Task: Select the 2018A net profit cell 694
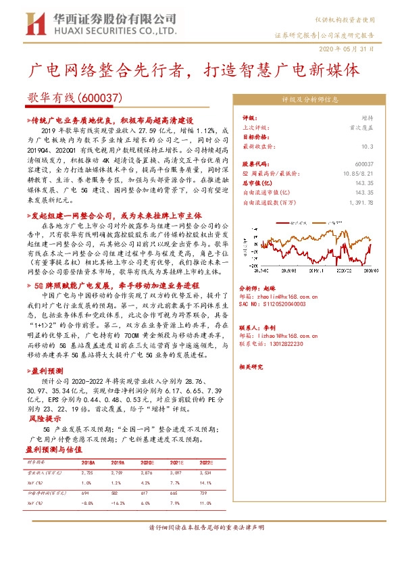(x=86, y=495)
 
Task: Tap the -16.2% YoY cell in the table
(x=117, y=505)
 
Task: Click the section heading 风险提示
(x=42, y=419)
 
